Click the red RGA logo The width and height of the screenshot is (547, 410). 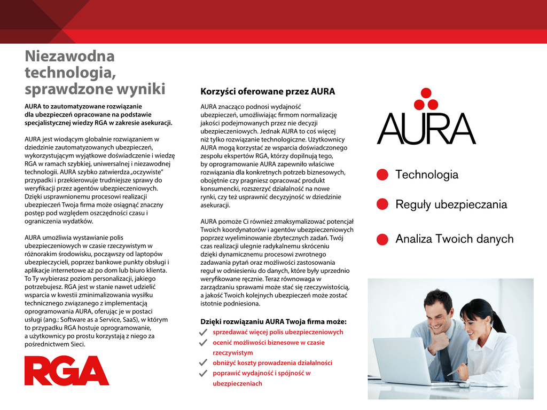click(x=67, y=370)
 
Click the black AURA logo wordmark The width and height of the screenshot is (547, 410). click(x=426, y=129)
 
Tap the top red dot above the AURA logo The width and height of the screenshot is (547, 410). click(x=426, y=93)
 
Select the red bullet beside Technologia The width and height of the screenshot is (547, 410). click(x=382, y=175)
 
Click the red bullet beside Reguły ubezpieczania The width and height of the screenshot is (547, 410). click(x=382, y=204)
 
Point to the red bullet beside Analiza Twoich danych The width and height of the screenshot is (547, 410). click(x=382, y=239)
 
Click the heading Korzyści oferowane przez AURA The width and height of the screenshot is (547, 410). click(x=267, y=91)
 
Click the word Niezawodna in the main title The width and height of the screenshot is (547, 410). click(x=69, y=56)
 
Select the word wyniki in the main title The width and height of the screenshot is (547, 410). click(x=141, y=88)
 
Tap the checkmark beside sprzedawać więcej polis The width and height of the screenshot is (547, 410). click(x=203, y=333)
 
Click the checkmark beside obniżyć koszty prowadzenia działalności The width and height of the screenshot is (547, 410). click(x=203, y=362)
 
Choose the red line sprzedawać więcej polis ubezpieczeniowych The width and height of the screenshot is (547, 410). click(x=278, y=332)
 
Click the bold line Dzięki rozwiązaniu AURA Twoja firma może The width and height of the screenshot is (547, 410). click(x=273, y=321)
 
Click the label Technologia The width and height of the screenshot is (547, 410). click(x=426, y=175)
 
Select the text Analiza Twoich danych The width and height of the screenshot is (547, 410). click(x=454, y=239)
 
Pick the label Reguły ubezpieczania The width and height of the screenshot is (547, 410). click(x=451, y=204)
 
